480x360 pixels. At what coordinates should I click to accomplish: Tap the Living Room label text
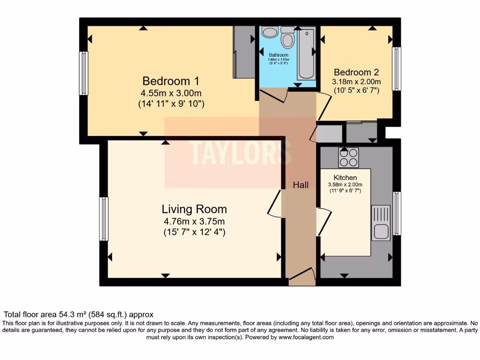(194, 209)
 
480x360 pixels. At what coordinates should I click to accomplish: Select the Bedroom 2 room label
(356, 72)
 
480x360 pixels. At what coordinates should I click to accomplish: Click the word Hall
(300, 185)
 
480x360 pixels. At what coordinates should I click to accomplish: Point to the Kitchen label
(345, 178)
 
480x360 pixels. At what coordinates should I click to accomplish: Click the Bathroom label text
(278, 55)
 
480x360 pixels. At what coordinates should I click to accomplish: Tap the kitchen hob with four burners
(348, 157)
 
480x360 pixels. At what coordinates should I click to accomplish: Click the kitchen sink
(381, 223)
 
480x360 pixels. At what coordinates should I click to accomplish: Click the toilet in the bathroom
(288, 38)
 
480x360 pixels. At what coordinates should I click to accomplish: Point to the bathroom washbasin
(270, 32)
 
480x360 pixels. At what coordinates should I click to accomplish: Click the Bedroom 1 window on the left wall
(83, 73)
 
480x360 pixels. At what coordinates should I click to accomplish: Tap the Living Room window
(104, 219)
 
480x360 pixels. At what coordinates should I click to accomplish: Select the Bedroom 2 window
(397, 68)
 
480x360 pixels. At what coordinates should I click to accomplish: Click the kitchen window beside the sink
(397, 213)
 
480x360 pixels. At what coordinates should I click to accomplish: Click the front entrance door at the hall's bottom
(301, 277)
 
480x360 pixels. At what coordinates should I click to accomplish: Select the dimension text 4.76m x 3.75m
(194, 221)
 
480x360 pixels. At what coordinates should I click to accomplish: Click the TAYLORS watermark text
(240, 151)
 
